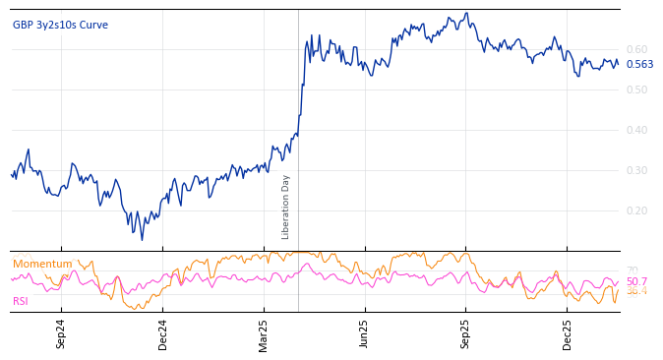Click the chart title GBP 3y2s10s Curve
[60, 25]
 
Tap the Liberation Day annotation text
[286, 207]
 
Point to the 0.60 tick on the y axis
[636, 49]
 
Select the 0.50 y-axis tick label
[636, 90]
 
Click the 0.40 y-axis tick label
[636, 130]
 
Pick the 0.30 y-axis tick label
[636, 170]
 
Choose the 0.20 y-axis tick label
[636, 210]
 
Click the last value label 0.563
[639, 65]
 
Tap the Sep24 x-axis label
[61, 333]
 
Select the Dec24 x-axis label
[162, 333]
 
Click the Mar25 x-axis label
[264, 333]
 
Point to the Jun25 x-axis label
[365, 333]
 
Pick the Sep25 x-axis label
[466, 333]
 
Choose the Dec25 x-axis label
[568, 333]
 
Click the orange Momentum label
[42, 264]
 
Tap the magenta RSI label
[21, 301]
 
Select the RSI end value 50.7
[636, 281]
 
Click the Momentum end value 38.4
[636, 291]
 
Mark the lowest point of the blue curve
[142, 239]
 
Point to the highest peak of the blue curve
[467, 14]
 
